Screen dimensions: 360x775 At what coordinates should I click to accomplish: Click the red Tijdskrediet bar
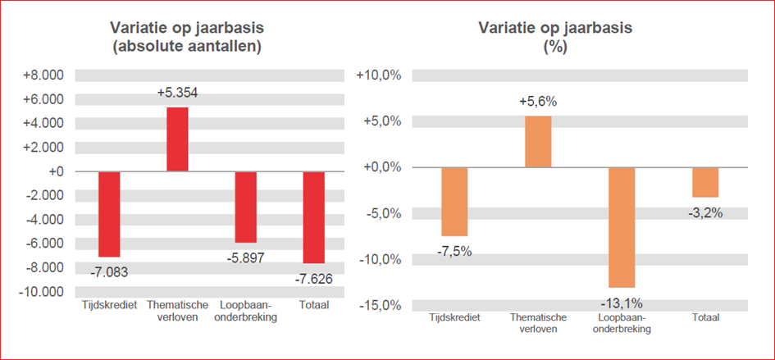click(x=109, y=214)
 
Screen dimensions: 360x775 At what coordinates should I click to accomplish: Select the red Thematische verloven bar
click(x=177, y=139)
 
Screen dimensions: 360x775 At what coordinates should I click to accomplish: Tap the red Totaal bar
click(x=314, y=217)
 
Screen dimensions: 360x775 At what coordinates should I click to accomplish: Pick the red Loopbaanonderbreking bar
click(x=245, y=207)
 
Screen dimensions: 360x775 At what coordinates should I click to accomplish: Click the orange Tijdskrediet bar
click(x=454, y=202)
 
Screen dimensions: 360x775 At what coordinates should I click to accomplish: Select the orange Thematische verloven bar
click(x=538, y=142)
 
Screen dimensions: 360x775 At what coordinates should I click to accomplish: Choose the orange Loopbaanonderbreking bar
click(x=622, y=227)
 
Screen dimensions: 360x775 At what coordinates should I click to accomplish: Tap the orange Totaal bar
click(x=705, y=182)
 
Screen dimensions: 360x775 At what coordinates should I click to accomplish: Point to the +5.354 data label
click(x=177, y=93)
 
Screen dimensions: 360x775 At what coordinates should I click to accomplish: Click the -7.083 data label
click(x=109, y=271)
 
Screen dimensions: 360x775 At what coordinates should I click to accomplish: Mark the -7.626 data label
click(x=314, y=278)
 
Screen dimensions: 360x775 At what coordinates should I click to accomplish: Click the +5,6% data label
click(x=538, y=103)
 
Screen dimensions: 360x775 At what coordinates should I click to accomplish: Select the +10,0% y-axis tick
click(x=379, y=75)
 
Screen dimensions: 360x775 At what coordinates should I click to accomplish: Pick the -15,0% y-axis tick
click(x=379, y=306)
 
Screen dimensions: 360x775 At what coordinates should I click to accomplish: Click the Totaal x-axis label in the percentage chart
click(x=705, y=317)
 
